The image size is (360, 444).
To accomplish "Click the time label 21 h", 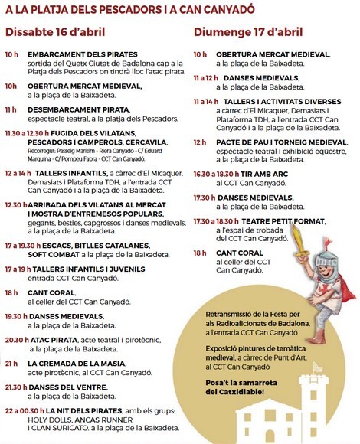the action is (x=11, y=364).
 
